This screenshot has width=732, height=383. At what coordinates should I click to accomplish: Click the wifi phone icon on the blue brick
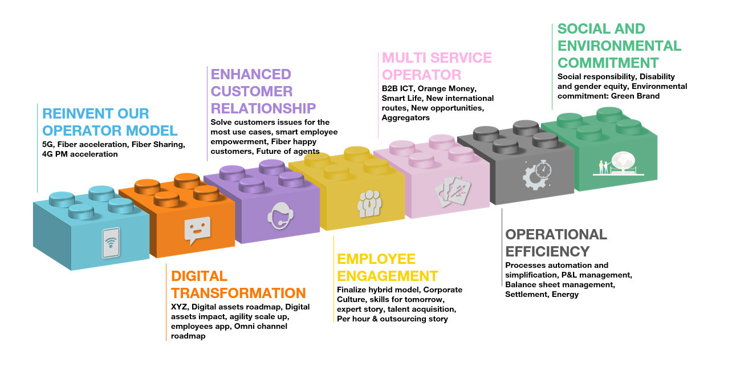coord(111,243)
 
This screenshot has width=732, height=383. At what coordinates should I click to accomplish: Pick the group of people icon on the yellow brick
coord(369,202)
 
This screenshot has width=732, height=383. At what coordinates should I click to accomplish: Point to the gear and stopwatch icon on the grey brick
coord(536,174)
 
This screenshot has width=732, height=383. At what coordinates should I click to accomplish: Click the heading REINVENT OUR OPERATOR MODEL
coord(110,121)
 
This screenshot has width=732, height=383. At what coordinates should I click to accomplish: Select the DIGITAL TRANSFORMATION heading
coord(238,284)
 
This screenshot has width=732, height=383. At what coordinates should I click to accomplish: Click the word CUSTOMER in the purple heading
coord(251,91)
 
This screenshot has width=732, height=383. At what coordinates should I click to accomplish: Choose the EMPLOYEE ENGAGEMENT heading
coord(387,267)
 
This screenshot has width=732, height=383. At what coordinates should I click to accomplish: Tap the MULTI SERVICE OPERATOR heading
coord(437,66)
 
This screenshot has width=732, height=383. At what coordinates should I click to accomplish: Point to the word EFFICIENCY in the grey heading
coord(547,251)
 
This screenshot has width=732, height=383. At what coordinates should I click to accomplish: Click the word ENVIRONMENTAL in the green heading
coord(619,46)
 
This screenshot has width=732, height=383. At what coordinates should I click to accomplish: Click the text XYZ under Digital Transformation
coord(179,307)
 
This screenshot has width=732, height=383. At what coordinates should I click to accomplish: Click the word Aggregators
coord(406,117)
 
